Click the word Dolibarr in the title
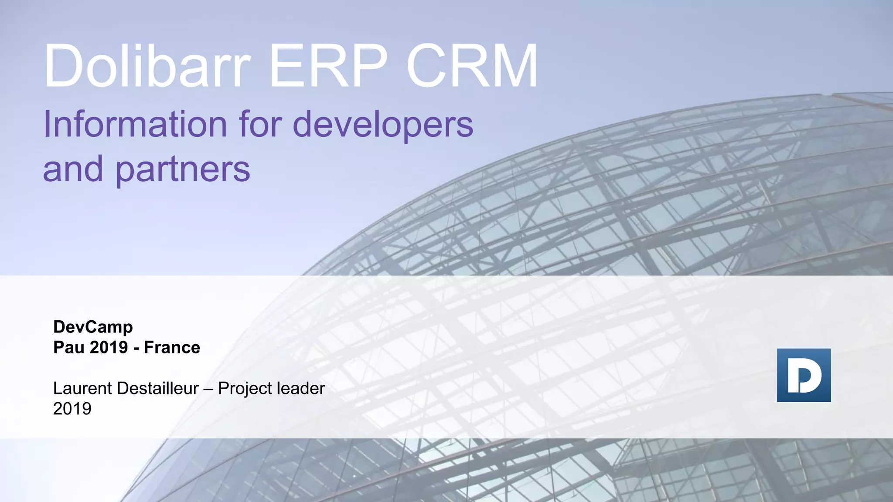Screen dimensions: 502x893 (147, 66)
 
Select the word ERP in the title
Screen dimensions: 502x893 (328, 66)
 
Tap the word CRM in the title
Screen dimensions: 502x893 (472, 66)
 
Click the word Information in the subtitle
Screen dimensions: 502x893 (135, 124)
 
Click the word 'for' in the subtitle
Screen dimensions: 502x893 (259, 124)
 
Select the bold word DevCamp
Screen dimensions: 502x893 (93, 327)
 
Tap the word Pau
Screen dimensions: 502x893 (69, 348)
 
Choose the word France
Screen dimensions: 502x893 (172, 348)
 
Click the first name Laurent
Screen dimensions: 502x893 (77, 388)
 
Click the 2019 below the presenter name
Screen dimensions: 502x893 (72, 409)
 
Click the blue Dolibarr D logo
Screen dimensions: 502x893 (804, 375)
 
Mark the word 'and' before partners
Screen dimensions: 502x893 (73, 169)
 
